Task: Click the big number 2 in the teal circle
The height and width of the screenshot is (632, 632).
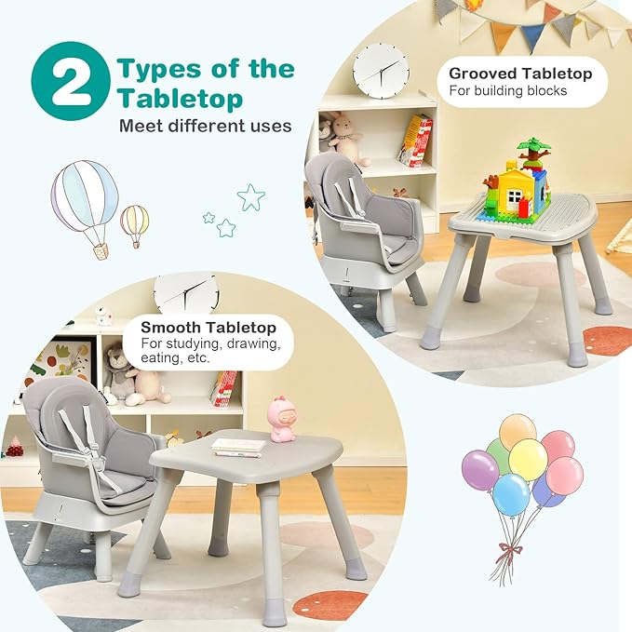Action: click(x=71, y=85)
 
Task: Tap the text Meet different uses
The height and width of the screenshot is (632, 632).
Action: click(x=205, y=126)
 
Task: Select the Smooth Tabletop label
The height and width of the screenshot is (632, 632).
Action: click(x=208, y=328)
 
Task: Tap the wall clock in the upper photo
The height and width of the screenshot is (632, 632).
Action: click(x=381, y=70)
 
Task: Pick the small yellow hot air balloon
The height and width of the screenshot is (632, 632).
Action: click(x=134, y=224)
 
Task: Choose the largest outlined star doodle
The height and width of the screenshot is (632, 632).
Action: click(x=250, y=196)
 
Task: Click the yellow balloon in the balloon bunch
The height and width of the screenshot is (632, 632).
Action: click(x=528, y=460)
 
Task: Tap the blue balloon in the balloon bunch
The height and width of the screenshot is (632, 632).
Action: click(x=511, y=493)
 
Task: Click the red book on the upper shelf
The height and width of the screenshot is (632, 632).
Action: click(x=415, y=141)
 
